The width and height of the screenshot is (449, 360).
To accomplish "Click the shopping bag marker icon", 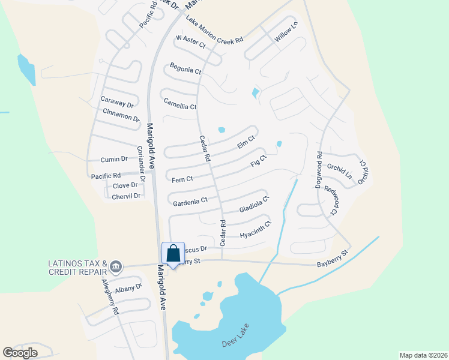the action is coord(173,254).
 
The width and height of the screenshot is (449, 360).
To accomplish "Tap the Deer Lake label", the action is coord(235,337).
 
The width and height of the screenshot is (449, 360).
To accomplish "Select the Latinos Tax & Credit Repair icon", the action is coord(116,265).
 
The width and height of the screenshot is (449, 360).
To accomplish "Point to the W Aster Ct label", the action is coord(191,41).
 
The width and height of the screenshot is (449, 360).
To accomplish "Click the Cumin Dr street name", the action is coord(114,159).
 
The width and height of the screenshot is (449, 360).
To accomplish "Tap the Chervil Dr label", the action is coord(126,196).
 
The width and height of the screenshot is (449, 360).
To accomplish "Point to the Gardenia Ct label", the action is coord(190,202).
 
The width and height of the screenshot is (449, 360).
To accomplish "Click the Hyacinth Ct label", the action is coord(256,230).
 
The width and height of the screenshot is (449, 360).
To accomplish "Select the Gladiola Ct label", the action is coord(255,204).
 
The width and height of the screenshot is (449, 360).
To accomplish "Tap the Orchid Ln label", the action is coord(339,171).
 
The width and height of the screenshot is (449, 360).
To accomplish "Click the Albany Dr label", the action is coord(128,289).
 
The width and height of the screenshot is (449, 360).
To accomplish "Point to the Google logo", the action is coord(20,353).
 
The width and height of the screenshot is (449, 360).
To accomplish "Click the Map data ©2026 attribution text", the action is coord(423,355).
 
